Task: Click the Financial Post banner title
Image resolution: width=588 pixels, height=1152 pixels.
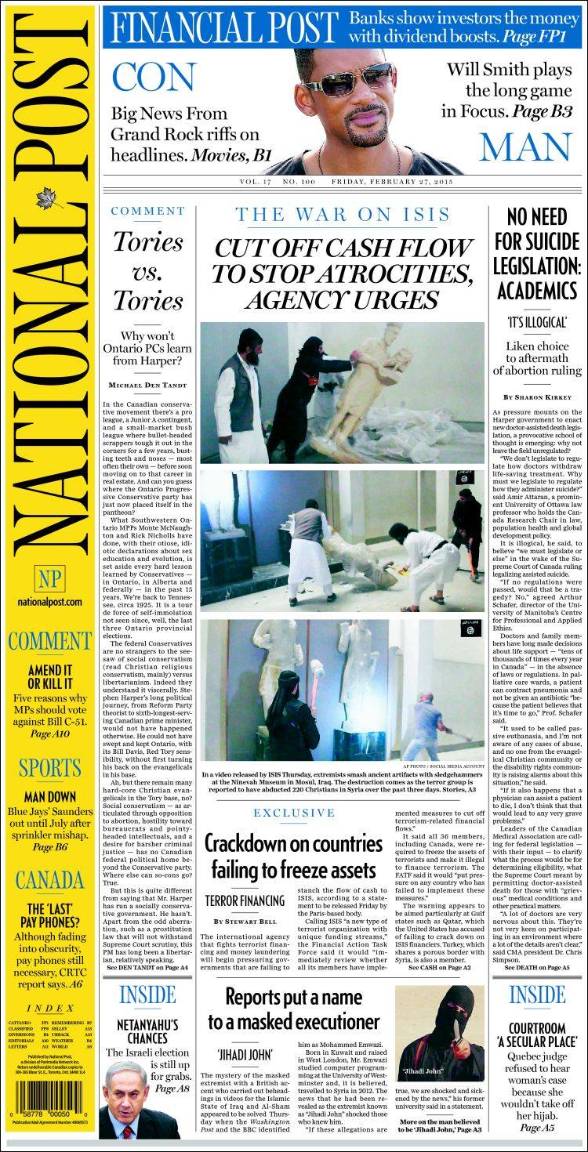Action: coord(222,28)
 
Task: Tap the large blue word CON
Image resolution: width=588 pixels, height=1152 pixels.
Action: coord(154,77)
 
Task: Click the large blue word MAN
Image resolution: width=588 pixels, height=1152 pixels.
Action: coord(525,147)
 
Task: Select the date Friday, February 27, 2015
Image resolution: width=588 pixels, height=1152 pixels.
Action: coord(392,182)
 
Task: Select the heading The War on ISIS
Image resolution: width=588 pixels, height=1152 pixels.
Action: coord(343,214)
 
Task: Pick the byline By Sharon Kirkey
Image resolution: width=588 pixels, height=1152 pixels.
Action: coord(535,397)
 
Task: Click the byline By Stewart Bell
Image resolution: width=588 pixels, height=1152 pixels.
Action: coord(244,921)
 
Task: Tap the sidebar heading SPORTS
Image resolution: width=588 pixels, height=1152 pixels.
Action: coord(49,767)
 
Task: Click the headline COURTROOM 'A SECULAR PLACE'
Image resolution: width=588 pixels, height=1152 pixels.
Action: coord(537,1035)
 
